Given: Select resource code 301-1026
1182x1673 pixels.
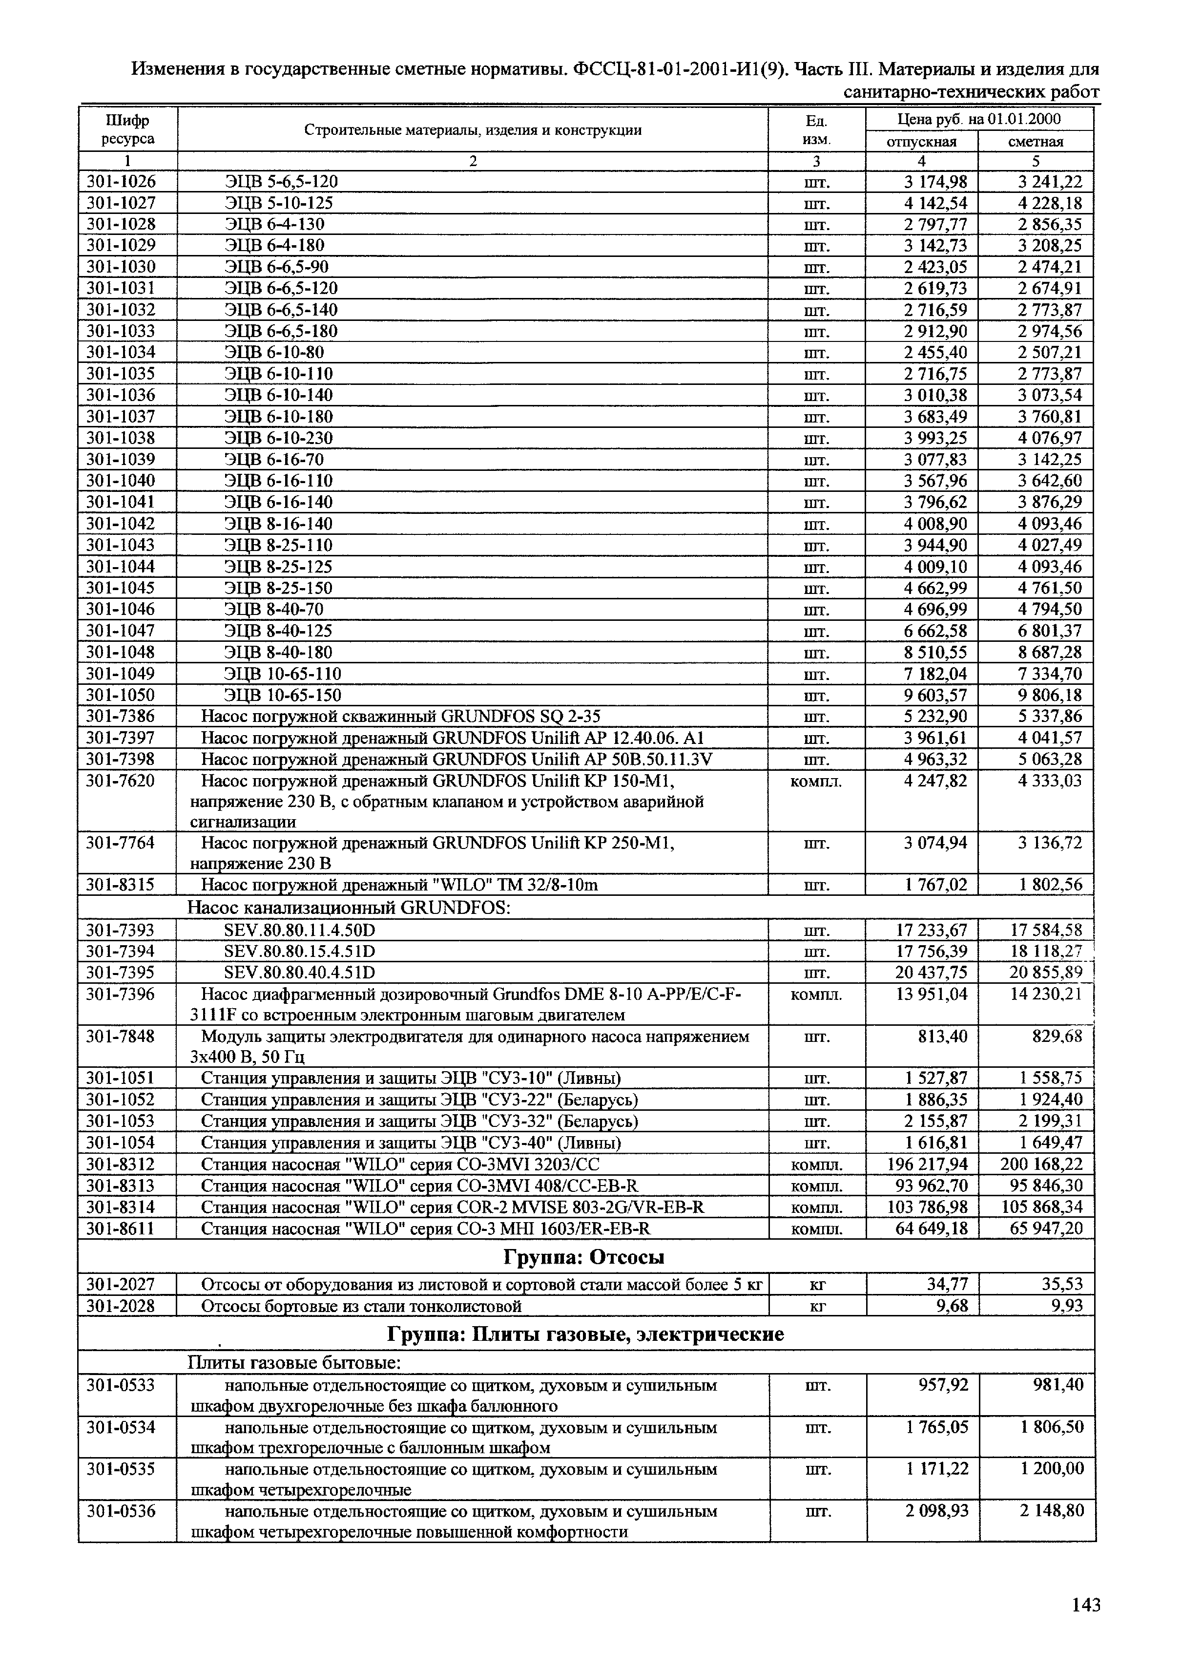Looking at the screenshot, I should (121, 181).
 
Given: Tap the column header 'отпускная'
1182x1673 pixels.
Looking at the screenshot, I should (921, 141).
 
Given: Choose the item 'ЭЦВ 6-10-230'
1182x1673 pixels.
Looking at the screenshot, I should (279, 438).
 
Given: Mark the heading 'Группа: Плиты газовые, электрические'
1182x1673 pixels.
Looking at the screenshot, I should (585, 1334).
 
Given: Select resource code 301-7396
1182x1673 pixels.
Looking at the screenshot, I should (121, 994).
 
